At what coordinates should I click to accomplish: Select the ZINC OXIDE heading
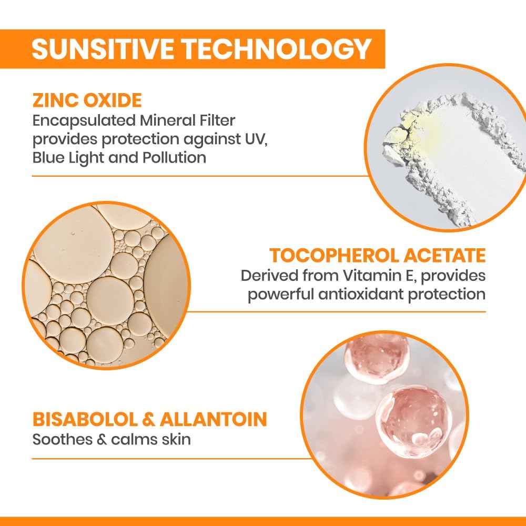click(87, 100)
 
